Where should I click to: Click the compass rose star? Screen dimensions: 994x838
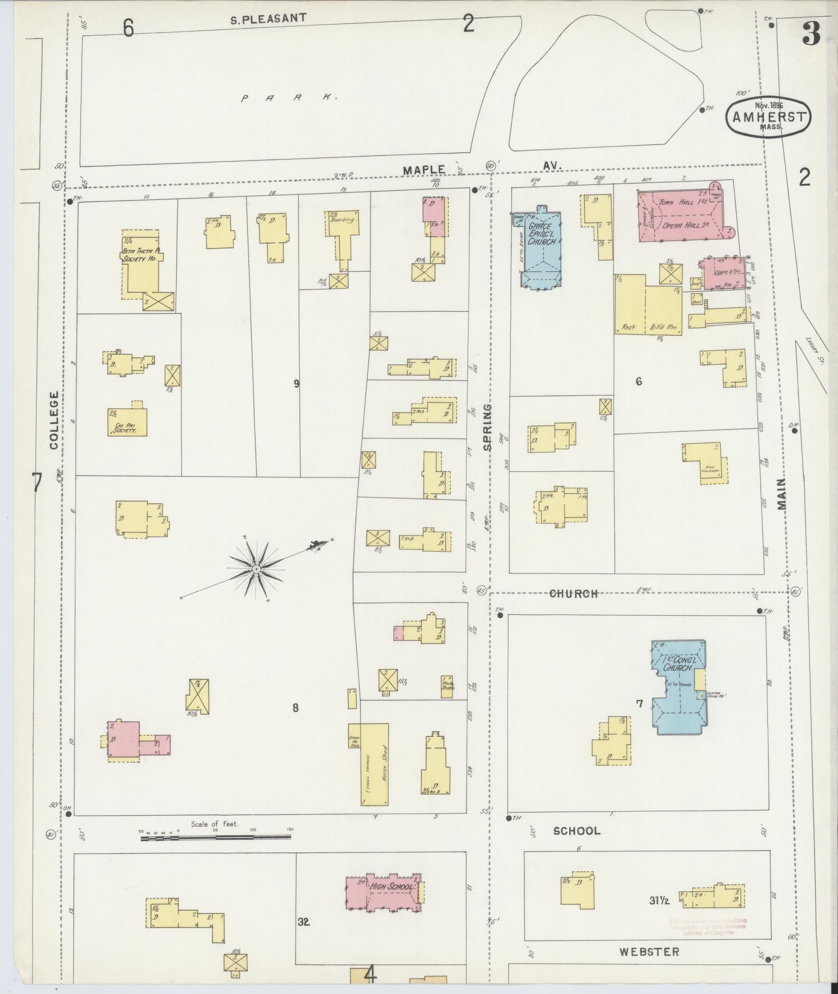256,570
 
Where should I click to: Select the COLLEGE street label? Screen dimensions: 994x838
54,420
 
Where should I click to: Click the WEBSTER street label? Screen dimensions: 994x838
649,951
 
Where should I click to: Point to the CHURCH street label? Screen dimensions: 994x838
574,593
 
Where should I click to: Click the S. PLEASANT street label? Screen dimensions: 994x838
268,19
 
